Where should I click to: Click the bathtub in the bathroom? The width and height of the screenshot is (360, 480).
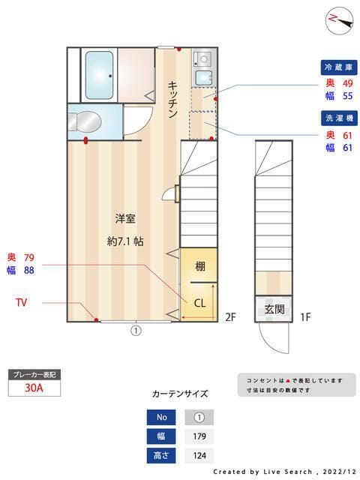tap(97, 74)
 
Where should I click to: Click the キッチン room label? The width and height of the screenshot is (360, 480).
tap(172, 99)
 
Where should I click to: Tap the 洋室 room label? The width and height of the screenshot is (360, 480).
tap(124, 219)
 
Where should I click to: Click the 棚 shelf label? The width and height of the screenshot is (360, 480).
tap(200, 265)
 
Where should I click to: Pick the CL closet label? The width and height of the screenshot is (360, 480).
tap(200, 303)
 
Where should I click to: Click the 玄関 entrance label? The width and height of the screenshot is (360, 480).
tap(274, 308)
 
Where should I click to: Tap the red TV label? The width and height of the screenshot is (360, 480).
tap(23, 302)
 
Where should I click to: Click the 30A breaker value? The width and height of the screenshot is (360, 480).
tap(33, 388)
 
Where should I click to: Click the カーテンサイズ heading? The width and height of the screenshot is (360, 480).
tap(180, 393)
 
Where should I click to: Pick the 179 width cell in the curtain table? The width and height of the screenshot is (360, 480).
tap(199, 436)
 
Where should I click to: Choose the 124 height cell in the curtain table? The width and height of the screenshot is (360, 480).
tap(199, 455)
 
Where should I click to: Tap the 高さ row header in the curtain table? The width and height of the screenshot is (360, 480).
tap(161, 455)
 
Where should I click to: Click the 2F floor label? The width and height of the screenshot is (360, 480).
tap(230, 317)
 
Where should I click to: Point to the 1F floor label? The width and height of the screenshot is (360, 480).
tap(305, 317)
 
